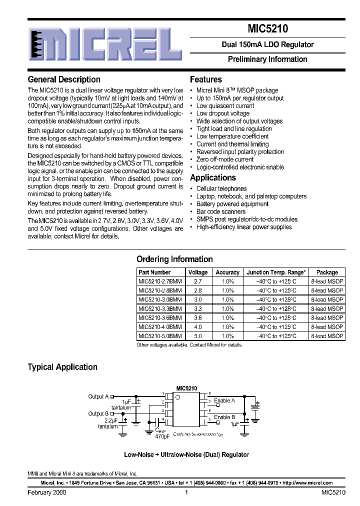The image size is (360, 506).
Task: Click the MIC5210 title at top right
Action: pos(267,29)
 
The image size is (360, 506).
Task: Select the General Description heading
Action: pos(64,79)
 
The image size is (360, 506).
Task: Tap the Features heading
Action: pos(206,79)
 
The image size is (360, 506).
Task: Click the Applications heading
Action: pos(213,178)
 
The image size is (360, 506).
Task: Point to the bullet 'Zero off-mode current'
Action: pos(225,159)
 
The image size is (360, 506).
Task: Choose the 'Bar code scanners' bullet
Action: pos(221,211)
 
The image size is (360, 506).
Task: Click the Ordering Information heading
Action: pos(174,259)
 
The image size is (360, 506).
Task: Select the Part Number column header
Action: pos(154,272)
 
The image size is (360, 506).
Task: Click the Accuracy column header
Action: pos(227,272)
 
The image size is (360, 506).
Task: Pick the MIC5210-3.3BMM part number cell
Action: pos(160,309)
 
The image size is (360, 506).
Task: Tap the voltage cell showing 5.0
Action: pos(198,336)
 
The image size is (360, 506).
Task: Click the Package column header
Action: pos(327,272)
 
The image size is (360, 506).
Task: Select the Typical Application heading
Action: pos(62,367)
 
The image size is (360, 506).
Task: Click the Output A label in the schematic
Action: pos(98,396)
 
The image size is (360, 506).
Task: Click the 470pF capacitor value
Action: pos(162,436)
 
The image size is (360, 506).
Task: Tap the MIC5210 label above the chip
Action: pos(186,388)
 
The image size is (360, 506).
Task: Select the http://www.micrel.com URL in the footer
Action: pos(307,483)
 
